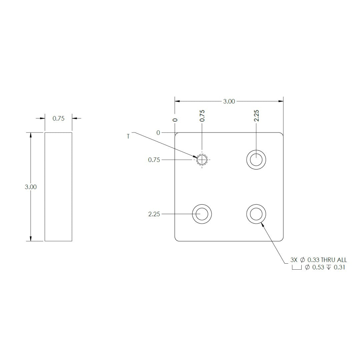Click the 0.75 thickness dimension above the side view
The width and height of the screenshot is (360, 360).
58,118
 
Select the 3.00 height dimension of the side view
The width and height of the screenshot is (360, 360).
31,187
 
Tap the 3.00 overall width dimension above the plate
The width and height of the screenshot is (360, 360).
229,101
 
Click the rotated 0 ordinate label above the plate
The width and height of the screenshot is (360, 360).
175,120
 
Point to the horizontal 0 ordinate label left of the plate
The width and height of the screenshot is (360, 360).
158,133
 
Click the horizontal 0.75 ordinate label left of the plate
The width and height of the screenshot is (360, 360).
154,160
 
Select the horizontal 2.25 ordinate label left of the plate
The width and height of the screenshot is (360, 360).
154,214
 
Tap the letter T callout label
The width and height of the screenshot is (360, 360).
128,136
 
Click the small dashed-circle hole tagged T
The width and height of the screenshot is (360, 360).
202,160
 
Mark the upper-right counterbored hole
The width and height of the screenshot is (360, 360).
256,160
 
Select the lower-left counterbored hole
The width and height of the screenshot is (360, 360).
202,214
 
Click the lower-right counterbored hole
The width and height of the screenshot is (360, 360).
256,214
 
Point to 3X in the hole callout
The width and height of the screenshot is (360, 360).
294,260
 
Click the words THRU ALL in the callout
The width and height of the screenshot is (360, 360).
334,260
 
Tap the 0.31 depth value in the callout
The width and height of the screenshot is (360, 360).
339,267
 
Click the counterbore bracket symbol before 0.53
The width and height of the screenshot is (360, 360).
296,268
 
